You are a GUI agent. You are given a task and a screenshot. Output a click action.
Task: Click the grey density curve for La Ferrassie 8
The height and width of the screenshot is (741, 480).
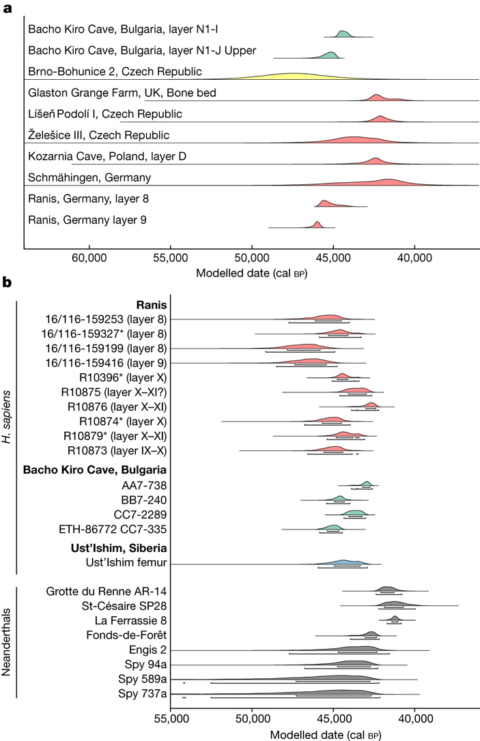(x=395, y=619)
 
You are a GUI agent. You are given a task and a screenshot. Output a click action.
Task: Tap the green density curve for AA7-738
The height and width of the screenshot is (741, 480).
(x=367, y=465)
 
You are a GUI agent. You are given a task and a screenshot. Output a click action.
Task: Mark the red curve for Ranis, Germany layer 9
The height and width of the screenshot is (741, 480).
(x=317, y=224)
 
